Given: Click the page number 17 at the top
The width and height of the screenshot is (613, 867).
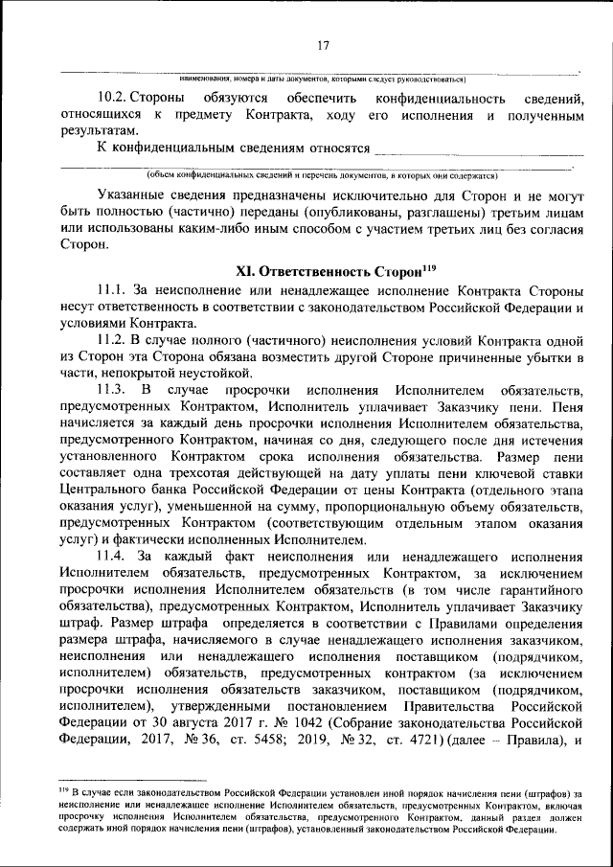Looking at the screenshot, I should tap(323, 44).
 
